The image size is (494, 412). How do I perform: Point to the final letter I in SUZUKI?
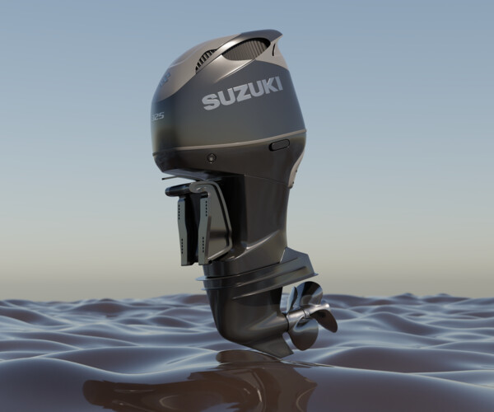[279, 84]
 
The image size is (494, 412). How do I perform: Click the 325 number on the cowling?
[156, 115]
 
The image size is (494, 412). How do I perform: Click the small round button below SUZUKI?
[212, 157]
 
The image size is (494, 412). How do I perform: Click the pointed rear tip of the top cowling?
[277, 35]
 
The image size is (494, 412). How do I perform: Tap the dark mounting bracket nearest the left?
[186, 231]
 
